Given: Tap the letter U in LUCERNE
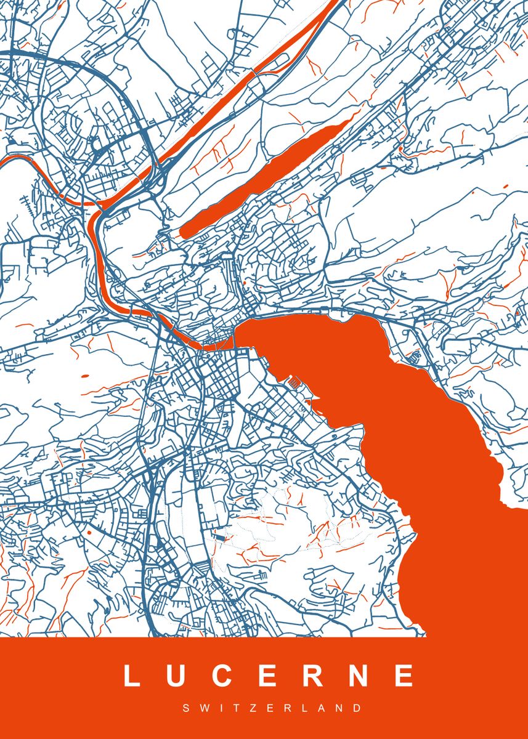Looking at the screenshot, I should pos(177,676).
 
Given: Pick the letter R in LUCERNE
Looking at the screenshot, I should pos(312,676).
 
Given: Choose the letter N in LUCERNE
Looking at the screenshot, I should pos(359,676).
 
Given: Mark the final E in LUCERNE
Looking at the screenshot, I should pos(404,676).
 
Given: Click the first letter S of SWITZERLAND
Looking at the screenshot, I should pos(186,709).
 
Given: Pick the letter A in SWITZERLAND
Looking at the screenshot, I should pos(317,709).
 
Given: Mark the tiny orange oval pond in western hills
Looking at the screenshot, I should pos(84,375).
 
